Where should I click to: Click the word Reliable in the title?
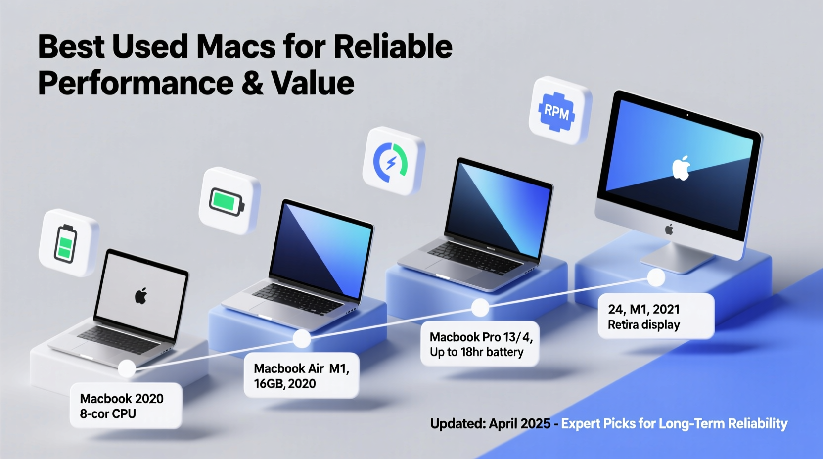tap(393, 47)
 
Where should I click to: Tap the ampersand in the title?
tap(253, 83)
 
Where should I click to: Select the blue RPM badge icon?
tap(557, 112)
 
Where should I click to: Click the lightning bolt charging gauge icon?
tap(391, 162)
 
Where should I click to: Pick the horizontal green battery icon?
tap(227, 201)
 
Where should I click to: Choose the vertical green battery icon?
tap(65, 243)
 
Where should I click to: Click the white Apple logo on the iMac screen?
tap(681, 168)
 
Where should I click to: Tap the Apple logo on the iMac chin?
tap(669, 229)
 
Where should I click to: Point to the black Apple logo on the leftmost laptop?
tap(141, 296)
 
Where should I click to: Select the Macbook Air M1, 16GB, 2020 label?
tap(301, 376)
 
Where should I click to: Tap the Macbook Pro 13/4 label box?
tap(480, 344)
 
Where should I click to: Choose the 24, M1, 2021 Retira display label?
tap(655, 317)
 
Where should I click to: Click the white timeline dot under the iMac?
tap(656, 277)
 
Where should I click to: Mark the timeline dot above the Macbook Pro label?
tap(480, 308)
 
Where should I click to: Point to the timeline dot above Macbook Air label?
tap(302, 339)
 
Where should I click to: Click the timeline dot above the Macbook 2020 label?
tap(127, 368)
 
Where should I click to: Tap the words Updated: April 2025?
tap(490, 424)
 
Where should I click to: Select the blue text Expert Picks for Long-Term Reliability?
tap(674, 424)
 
